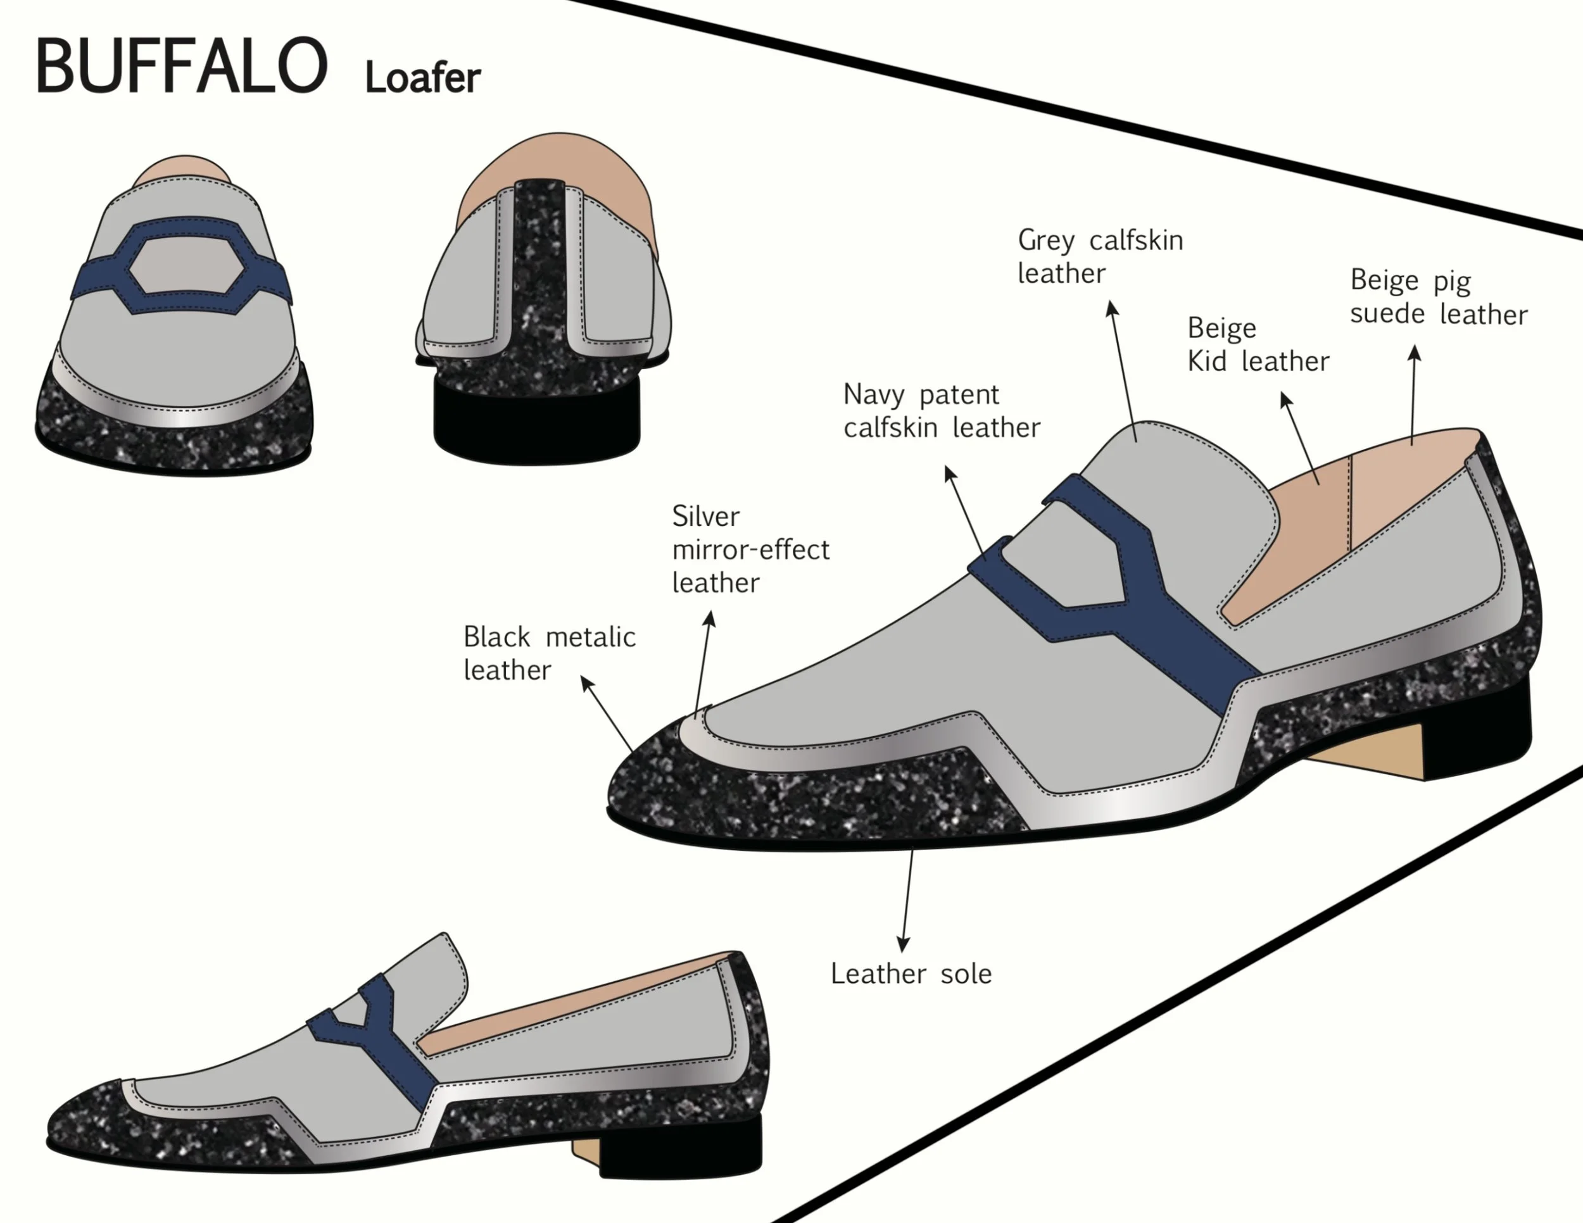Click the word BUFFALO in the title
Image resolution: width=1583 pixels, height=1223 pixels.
click(x=181, y=66)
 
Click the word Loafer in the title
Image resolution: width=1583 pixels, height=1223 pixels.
click(x=422, y=78)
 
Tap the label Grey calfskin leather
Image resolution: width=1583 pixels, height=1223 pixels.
click(x=1099, y=256)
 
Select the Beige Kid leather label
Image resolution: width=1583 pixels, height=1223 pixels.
click(x=1258, y=345)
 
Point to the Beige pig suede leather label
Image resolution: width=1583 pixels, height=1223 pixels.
click(x=1438, y=297)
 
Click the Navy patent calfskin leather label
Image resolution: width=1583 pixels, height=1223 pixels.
click(x=941, y=411)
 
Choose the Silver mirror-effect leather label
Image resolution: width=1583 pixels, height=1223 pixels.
click(x=750, y=549)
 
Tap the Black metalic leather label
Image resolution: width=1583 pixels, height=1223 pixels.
click(x=549, y=653)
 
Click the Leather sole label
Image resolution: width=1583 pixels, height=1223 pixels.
click(x=911, y=974)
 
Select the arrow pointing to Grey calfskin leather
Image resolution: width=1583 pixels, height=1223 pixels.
click(x=1123, y=370)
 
